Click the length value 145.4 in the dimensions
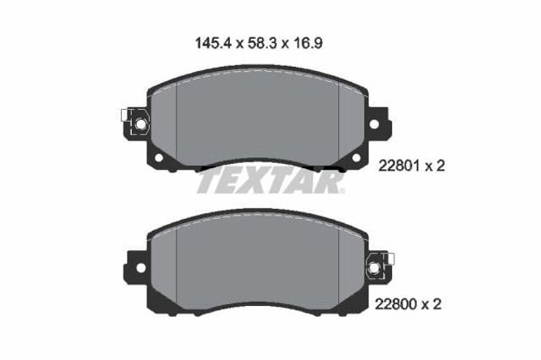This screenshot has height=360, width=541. pos(209,39)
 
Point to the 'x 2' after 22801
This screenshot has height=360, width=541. pos(434,166)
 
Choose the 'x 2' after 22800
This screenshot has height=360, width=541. pos(434,302)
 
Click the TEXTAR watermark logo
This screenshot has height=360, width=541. pos(270,179)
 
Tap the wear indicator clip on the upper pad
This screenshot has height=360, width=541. pos(134,123)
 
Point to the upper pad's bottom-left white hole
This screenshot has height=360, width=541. pos(157,157)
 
